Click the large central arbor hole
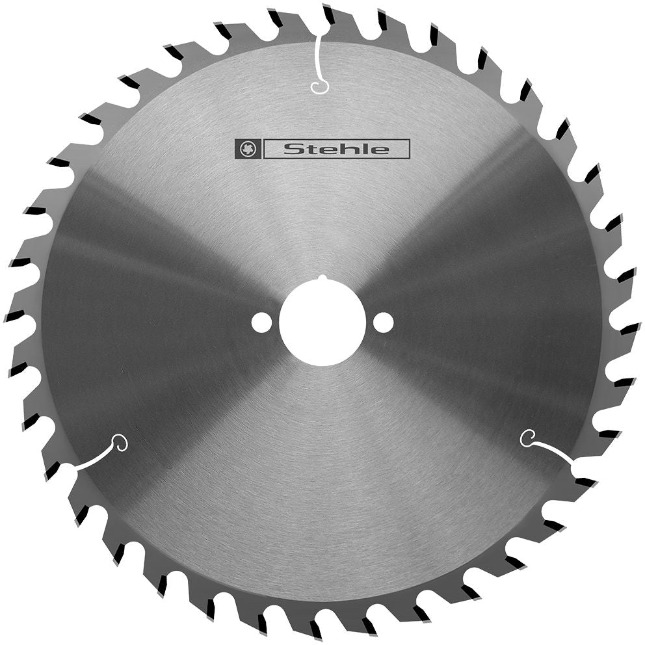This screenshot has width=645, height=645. (322, 322)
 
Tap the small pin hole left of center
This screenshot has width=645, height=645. (261, 322)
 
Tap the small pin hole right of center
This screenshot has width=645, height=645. (384, 322)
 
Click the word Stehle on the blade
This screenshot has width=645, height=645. (336, 150)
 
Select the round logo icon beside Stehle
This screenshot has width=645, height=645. (247, 149)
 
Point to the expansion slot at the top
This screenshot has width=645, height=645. (318, 62)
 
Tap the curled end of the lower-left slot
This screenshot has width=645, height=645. (120, 443)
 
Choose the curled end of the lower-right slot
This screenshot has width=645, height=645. (527, 438)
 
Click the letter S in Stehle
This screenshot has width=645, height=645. (291, 150)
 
